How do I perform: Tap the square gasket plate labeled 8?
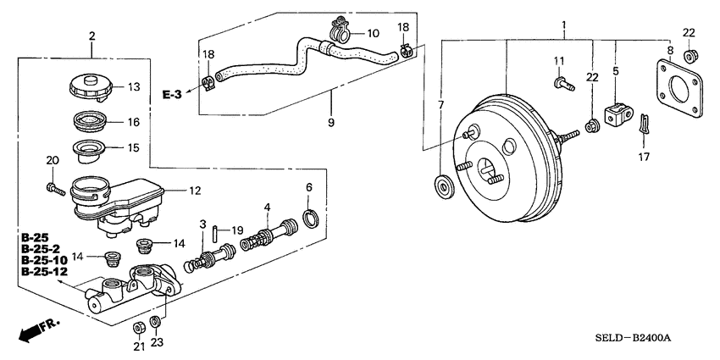point(675,91)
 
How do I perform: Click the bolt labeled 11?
point(562,83)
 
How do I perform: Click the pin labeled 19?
point(216,230)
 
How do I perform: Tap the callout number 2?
point(91,36)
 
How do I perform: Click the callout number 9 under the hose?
point(331,122)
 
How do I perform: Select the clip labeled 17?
point(645,126)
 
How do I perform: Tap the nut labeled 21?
point(138,326)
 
